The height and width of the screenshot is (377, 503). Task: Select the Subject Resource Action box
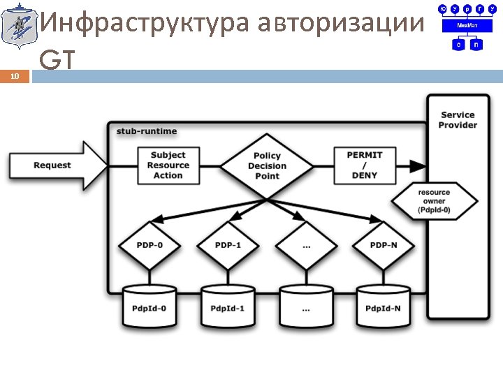coord(168,165)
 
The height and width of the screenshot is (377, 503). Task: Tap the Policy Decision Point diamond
coord(267,166)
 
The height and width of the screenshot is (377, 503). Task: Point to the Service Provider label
coord(458,119)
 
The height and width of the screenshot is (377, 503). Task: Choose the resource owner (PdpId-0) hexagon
coord(435,201)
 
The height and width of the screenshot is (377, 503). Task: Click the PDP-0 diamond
coord(149,245)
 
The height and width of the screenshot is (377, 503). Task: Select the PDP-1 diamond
coord(228,245)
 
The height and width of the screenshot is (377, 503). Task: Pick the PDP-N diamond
coord(383,245)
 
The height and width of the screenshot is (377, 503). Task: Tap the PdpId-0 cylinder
coord(149,305)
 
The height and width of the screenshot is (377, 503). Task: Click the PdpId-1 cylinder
coord(228,305)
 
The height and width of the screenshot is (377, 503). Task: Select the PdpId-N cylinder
coord(383,305)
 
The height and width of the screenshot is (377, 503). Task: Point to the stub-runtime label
coord(147,131)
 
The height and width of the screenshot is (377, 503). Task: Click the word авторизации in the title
coord(340,24)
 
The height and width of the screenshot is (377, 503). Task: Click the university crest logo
coord(17,27)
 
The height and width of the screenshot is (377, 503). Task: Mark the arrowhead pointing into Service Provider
coord(418,166)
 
